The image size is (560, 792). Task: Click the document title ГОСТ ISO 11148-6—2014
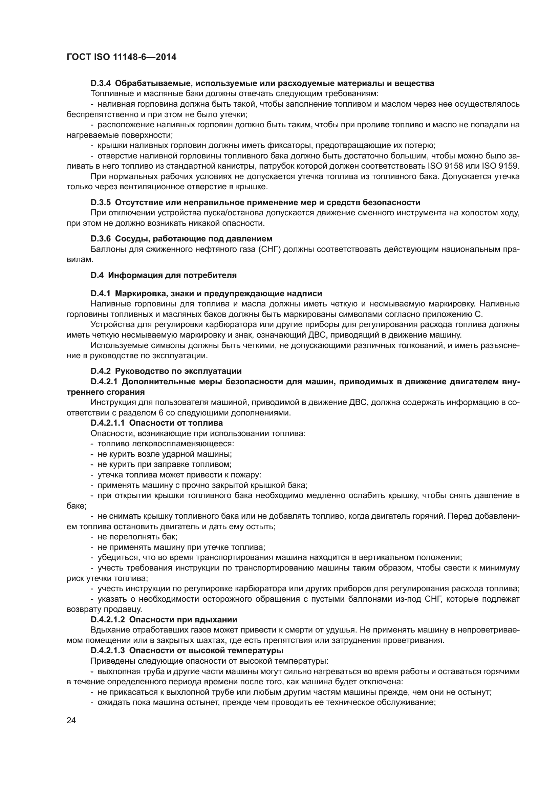[122, 57]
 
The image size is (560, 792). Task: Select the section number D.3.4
[101, 83]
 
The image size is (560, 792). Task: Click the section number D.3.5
[101, 202]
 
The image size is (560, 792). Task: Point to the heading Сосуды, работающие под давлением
[193, 239]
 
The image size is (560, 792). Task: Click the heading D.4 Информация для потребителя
[164, 275]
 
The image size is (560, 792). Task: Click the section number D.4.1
[101, 294]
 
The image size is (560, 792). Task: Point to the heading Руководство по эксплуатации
[178, 371]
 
